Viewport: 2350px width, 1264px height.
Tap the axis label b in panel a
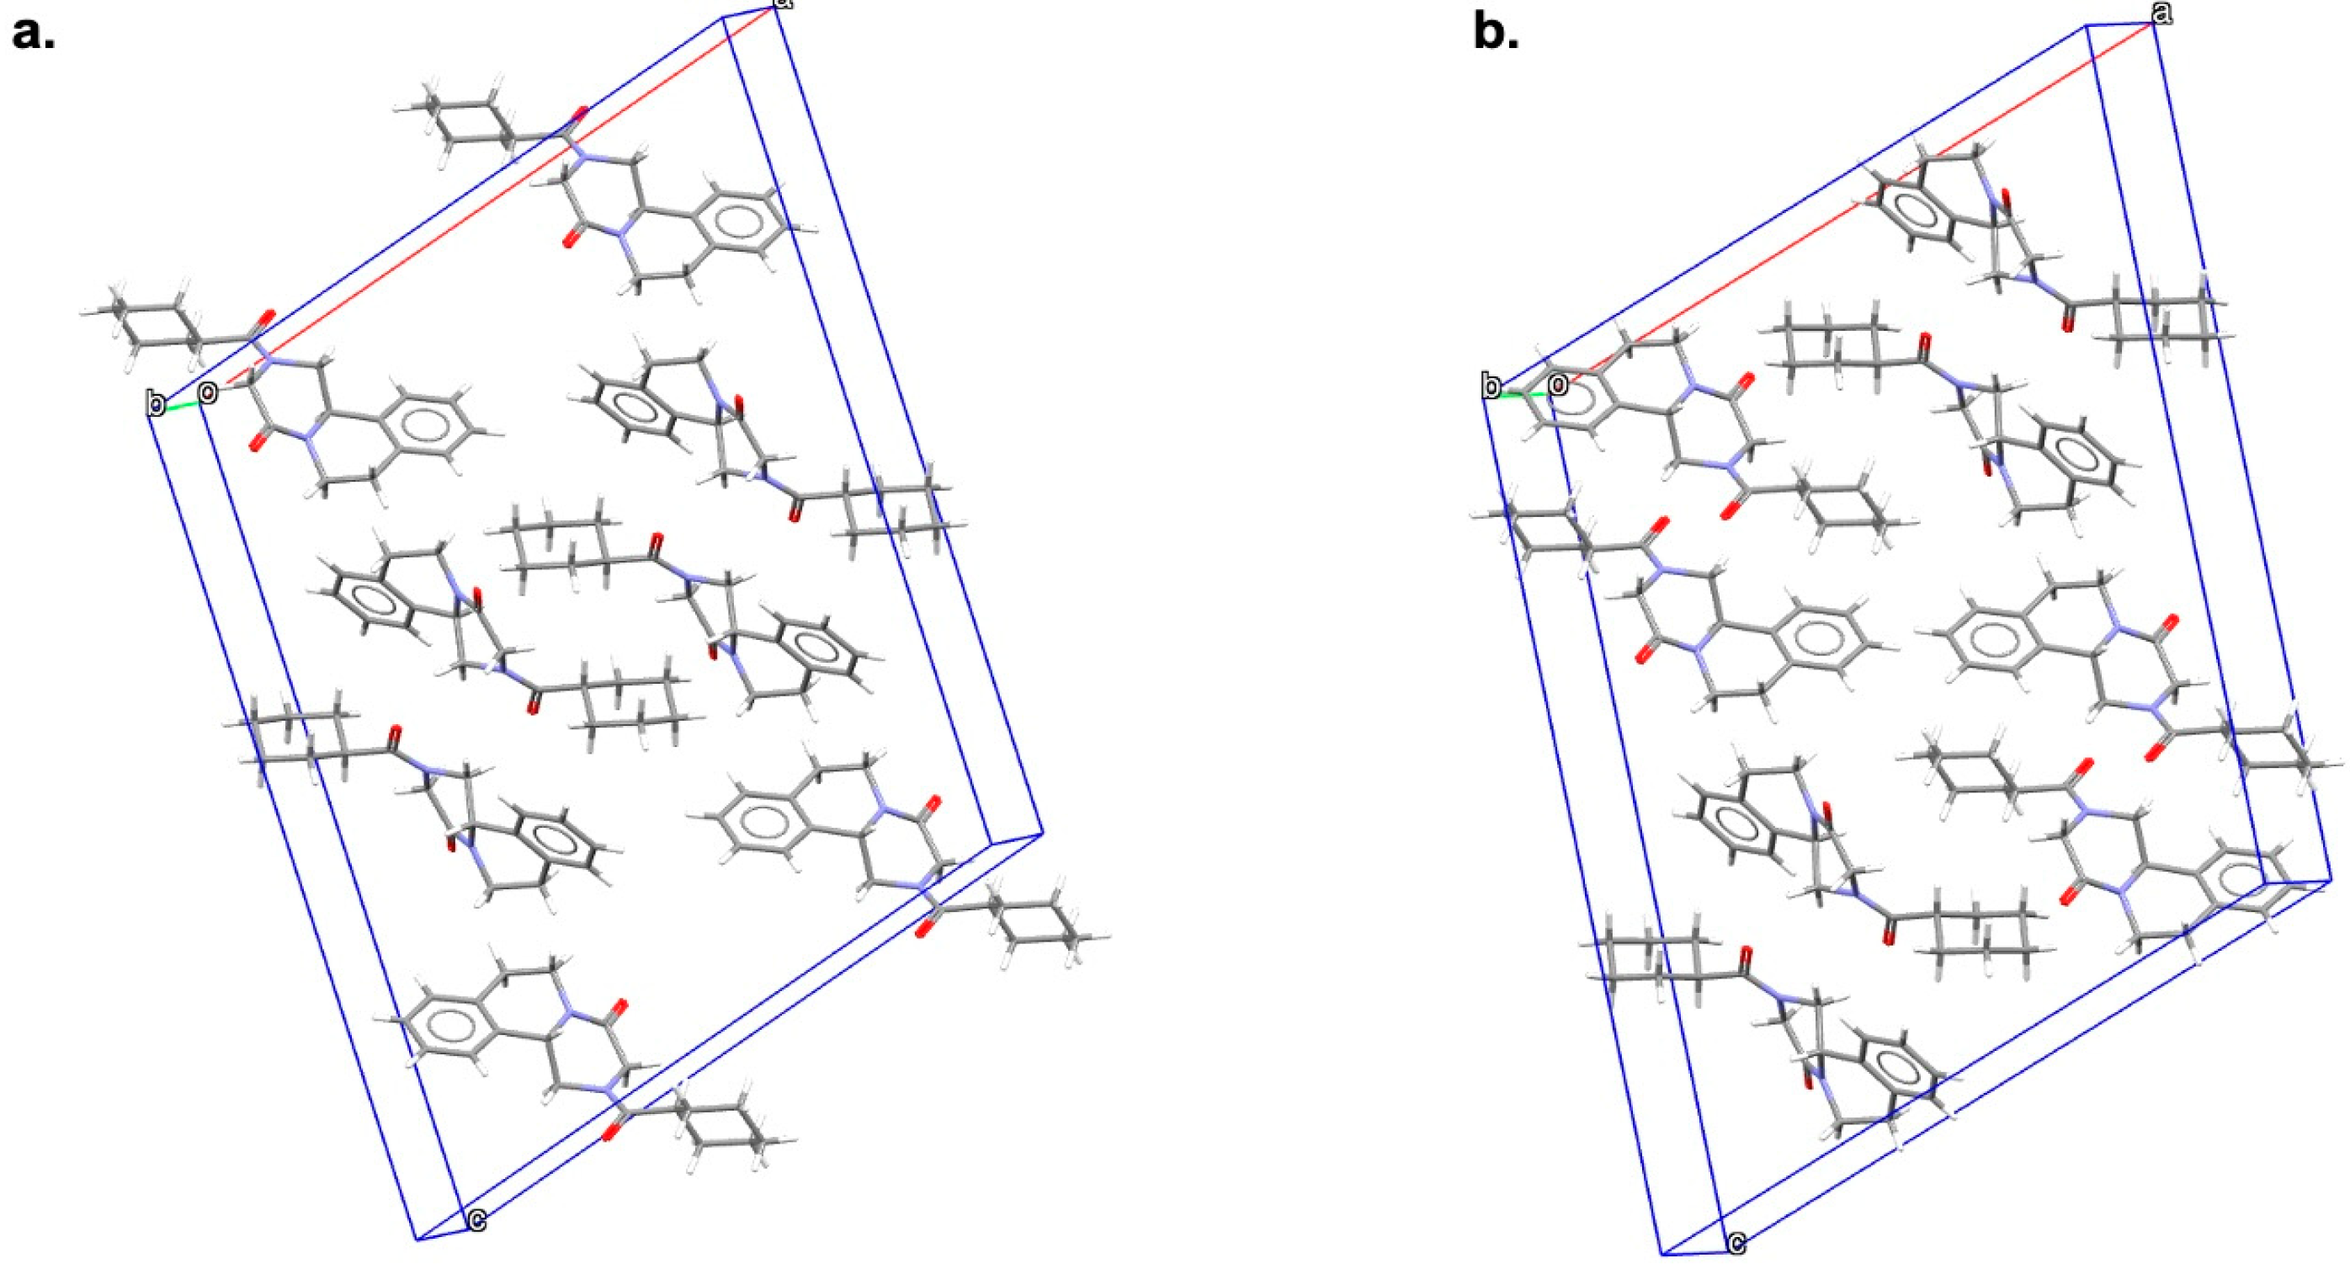click(157, 403)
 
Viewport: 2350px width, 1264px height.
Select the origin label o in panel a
click(209, 393)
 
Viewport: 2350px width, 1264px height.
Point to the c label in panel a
click(476, 1219)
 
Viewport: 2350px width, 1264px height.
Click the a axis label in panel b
click(2163, 13)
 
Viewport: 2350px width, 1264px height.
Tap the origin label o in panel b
click(1557, 385)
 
